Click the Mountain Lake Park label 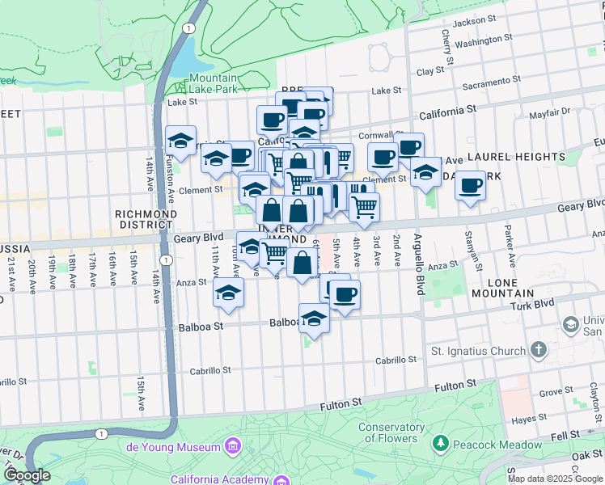tap(213, 84)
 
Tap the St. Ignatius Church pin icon tap(539, 351)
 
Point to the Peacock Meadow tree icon tap(440, 444)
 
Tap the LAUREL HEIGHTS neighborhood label tap(515, 157)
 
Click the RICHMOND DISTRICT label tap(146, 220)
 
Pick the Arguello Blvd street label tap(419, 264)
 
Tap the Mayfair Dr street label tap(550, 112)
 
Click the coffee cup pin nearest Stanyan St tap(470, 188)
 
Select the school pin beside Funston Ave tap(181, 141)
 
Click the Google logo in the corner tap(27, 475)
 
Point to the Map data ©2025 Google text tap(554, 478)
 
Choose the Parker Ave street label tap(510, 252)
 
